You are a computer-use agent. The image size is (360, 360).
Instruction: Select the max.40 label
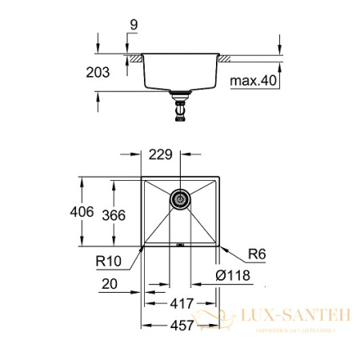pos(253,82)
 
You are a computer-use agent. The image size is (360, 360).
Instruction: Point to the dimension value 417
pos(181,304)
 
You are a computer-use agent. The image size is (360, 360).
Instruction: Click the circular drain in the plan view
pos(181,198)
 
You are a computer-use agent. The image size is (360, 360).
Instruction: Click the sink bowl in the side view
pos(181,72)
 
